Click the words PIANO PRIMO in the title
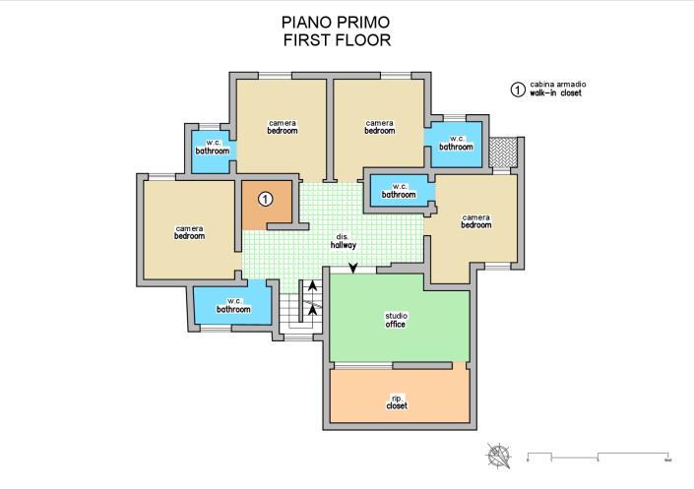(337, 22)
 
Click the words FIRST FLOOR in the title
(337, 40)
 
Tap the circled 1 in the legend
(515, 90)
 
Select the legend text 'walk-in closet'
(558, 93)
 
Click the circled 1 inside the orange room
(265, 200)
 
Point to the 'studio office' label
(396, 320)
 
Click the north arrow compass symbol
(501, 455)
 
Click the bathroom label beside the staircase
(234, 305)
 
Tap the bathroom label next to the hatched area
(457, 143)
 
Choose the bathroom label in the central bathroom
(400, 191)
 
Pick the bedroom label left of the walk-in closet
(189, 232)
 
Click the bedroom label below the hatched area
(476, 220)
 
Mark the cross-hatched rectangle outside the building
(504, 153)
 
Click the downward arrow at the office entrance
(353, 269)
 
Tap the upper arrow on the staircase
(313, 286)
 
